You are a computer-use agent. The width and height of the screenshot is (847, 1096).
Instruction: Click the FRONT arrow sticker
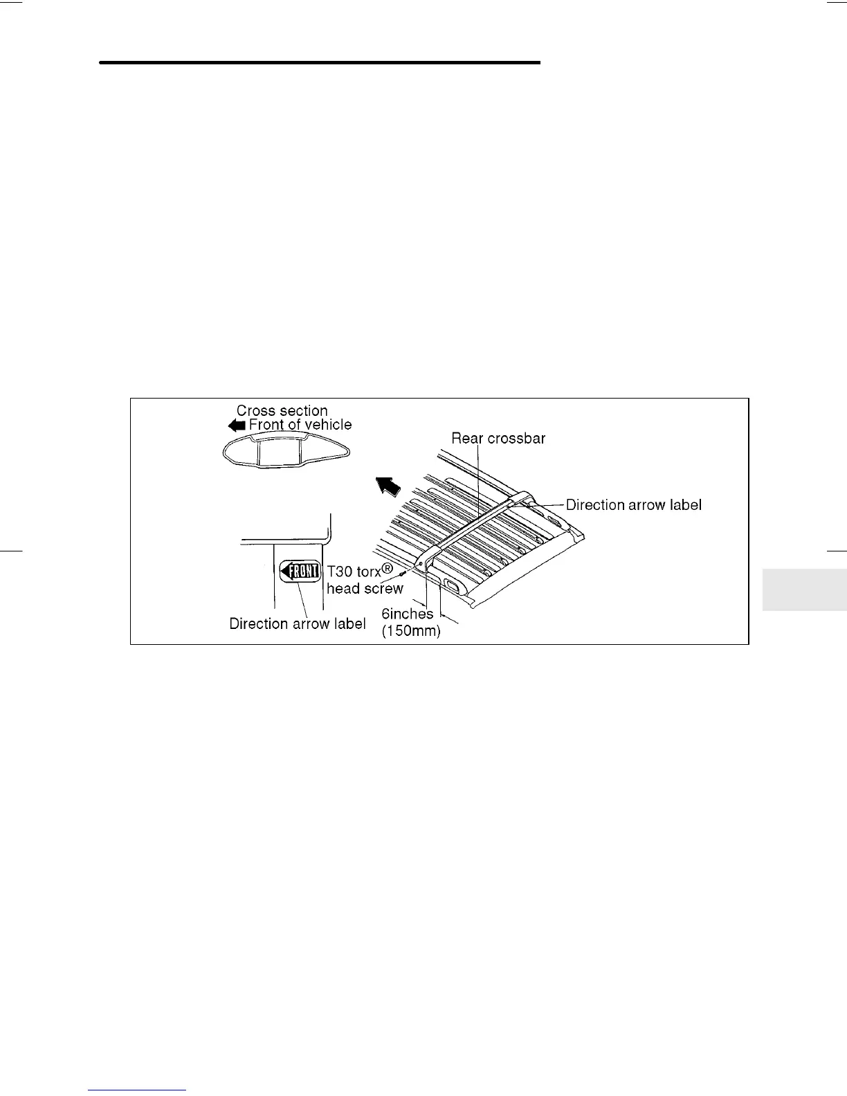(300, 571)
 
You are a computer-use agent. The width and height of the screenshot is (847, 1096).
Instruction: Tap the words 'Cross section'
(282, 410)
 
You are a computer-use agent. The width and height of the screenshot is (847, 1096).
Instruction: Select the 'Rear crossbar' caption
(498, 438)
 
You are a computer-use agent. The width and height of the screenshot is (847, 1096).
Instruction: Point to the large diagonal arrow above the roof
(387, 486)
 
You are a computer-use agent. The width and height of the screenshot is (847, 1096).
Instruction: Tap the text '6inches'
(407, 613)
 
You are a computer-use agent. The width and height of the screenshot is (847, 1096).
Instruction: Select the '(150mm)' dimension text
(411, 630)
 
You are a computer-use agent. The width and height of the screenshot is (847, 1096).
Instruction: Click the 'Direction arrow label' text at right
(633, 505)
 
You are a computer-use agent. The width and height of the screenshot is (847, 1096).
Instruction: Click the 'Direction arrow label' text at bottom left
(298, 623)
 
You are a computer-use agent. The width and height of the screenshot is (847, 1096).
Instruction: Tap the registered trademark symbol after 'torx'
(388, 569)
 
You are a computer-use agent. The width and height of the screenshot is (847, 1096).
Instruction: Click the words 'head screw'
(365, 589)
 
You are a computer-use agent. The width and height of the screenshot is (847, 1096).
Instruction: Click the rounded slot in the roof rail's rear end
(451, 587)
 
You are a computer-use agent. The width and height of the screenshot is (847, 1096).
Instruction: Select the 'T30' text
(339, 572)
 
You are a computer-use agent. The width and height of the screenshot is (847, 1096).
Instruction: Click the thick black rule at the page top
(319, 62)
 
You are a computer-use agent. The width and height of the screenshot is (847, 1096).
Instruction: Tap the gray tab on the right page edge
(804, 590)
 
